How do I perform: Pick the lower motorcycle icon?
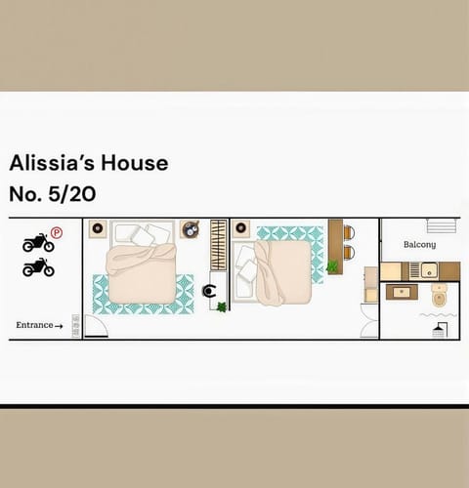[37, 266]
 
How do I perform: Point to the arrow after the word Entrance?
[60, 326]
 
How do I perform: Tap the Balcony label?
[419, 244]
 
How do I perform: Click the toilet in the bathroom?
[439, 295]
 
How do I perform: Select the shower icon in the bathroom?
[439, 331]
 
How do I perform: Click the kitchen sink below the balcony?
[427, 269]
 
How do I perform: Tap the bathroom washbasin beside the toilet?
[400, 291]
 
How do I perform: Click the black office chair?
[210, 290]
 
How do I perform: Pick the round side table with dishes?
[191, 229]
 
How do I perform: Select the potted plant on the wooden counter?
[333, 265]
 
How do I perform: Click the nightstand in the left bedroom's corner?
[97, 229]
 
